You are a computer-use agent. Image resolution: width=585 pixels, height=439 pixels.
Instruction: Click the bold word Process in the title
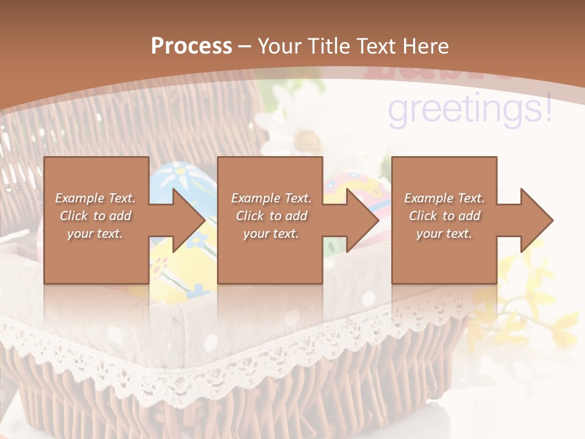191,46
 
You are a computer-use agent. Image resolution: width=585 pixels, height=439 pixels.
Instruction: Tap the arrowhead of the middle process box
361,220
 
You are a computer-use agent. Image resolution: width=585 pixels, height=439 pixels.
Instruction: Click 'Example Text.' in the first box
96,198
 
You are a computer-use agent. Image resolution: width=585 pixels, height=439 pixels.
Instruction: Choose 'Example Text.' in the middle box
271,198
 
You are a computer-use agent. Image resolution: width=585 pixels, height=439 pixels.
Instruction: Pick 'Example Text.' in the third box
444,198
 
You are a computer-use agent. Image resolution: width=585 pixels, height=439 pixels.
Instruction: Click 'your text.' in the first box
96,234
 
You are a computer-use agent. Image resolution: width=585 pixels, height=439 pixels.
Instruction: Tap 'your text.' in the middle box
271,234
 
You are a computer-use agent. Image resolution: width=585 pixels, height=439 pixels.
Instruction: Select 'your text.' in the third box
444,234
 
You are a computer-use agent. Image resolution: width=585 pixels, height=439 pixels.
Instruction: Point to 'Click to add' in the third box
444,216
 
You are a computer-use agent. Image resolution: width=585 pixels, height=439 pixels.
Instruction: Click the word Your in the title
278,46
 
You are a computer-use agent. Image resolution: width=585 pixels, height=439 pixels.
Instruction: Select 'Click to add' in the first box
96,216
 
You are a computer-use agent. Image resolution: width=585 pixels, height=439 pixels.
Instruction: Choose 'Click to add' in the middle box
271,216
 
